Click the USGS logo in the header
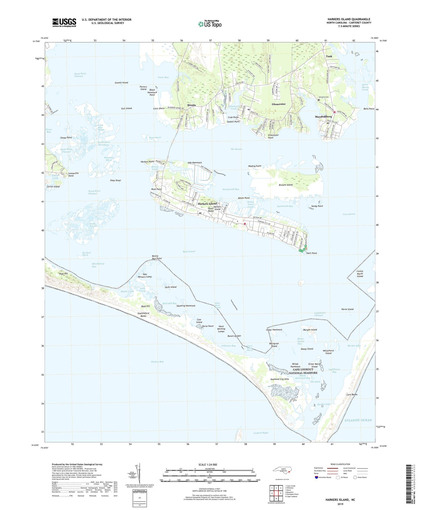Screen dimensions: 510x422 (64, 22)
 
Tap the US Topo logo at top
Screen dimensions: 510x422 (210, 24)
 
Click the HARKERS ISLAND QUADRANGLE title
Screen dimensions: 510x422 (349, 19)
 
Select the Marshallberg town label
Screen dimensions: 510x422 (323, 117)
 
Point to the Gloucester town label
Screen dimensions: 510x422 (279, 104)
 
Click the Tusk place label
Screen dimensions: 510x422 (329, 56)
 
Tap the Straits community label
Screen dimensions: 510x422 (191, 105)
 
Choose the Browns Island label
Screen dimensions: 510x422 (285, 185)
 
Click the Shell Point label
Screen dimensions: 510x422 (311, 253)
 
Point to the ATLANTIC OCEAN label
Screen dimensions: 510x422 (358, 420)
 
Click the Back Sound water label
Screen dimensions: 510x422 (189, 251)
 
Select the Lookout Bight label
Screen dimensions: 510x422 (261, 433)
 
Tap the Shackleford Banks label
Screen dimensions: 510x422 (143, 315)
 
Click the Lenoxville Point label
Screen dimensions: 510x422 (73, 174)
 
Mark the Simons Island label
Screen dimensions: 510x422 (121, 83)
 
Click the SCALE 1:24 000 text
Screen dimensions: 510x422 (208, 465)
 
